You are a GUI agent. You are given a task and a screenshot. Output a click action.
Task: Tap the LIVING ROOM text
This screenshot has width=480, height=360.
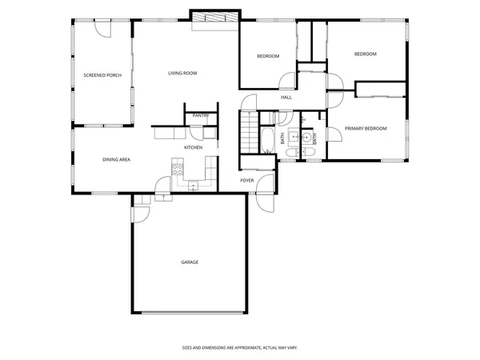[182, 74]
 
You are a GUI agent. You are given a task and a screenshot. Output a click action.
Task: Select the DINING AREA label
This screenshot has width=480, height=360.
[116, 160]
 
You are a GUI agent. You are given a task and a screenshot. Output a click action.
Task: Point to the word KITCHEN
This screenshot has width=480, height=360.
[193, 148]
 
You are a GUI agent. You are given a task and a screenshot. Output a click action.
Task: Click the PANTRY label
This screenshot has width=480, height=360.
[201, 116]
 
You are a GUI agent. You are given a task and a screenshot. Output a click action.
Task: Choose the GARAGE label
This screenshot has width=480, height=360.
[190, 262]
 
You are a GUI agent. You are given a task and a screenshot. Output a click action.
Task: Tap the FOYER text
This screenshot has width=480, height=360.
[248, 181]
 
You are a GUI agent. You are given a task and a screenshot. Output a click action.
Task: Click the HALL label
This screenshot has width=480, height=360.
[286, 98]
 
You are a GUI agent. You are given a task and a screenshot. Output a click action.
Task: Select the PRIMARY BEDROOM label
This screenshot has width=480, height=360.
[366, 129]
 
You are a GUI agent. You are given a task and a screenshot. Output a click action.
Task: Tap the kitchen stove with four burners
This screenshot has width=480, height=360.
[178, 169]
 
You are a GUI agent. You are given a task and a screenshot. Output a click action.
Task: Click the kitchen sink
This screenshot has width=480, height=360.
[193, 185]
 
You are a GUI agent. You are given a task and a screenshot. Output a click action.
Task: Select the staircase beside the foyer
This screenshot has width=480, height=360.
[250, 132]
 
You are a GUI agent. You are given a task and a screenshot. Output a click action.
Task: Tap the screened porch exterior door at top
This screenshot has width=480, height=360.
[102, 28]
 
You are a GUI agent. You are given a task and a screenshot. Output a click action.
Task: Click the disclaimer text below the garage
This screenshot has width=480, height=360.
[239, 348]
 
